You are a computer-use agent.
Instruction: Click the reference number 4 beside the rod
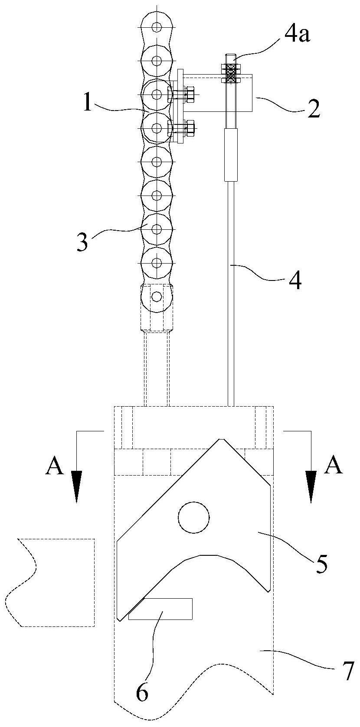pyautogui.click(x=295, y=280)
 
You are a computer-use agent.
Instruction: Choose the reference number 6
pyautogui.click(x=142, y=693)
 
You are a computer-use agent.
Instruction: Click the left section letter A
pyautogui.click(x=54, y=466)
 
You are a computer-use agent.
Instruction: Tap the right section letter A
pyautogui.click(x=334, y=466)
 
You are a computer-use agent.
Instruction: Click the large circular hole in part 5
pyautogui.click(x=194, y=517)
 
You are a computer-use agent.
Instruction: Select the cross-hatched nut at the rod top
pyautogui.click(x=231, y=73)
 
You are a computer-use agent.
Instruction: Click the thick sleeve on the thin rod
pyautogui.click(x=231, y=154)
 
